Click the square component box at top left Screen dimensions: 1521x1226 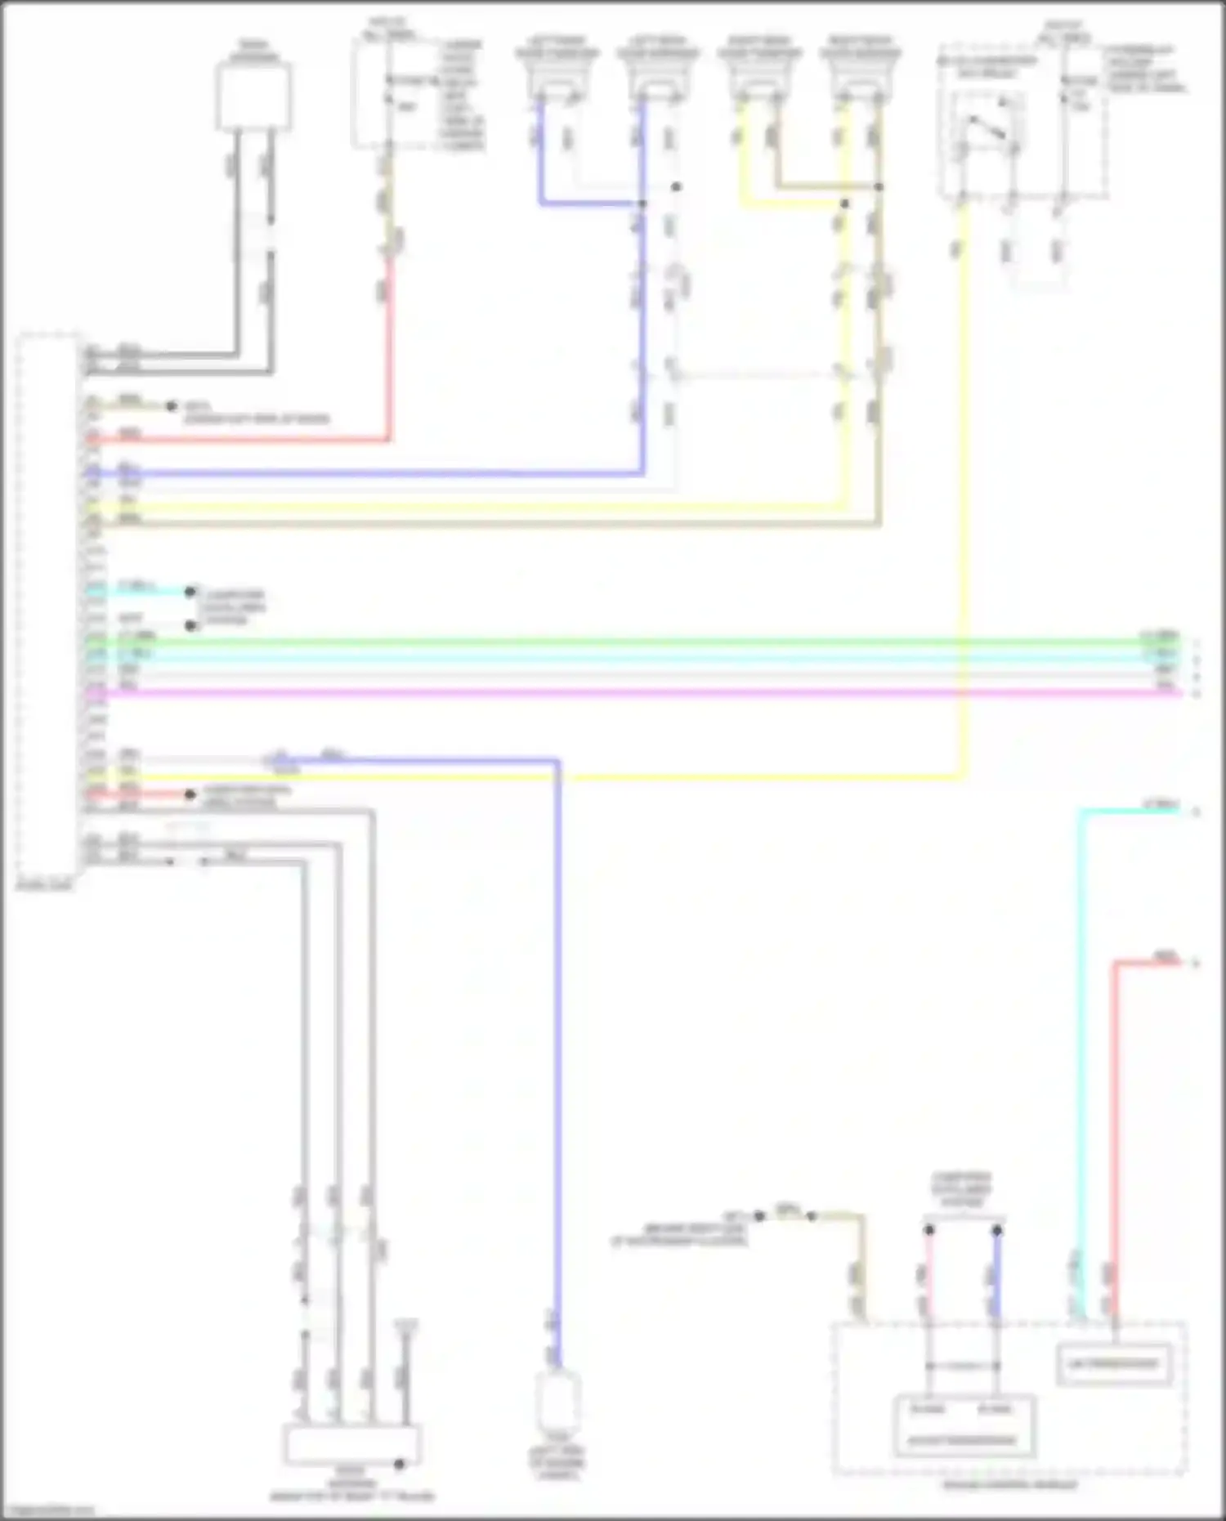point(253,96)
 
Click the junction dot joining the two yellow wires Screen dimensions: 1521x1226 point(845,204)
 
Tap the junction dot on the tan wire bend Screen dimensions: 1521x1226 point(879,187)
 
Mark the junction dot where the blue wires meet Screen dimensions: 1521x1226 point(642,204)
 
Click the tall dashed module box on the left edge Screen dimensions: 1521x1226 point(47,605)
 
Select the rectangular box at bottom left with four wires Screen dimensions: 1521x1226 point(352,1446)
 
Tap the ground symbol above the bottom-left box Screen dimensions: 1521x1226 point(405,1326)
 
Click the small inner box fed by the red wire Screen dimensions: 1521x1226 point(1113,1363)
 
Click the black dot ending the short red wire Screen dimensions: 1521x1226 point(190,794)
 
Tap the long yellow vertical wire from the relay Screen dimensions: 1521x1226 point(964,490)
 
